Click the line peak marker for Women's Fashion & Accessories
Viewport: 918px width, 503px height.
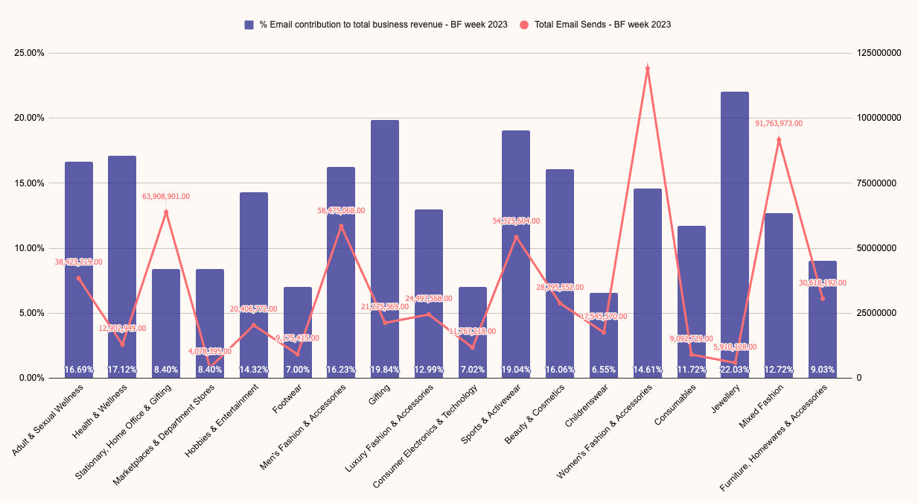pyautogui.click(x=648, y=69)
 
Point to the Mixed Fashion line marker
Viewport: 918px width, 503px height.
pyautogui.click(x=779, y=140)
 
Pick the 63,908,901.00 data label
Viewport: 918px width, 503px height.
pyautogui.click(x=166, y=197)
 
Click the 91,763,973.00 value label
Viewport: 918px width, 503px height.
pyautogui.click(x=779, y=124)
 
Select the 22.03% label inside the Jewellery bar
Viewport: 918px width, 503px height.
pyautogui.click(x=735, y=369)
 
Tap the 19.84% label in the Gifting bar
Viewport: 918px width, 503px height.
pyautogui.click(x=385, y=369)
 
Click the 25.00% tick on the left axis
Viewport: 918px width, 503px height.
pyautogui.click(x=30, y=54)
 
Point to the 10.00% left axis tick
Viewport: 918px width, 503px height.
pyautogui.click(x=30, y=248)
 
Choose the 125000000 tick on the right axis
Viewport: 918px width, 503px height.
pyautogui.click(x=880, y=54)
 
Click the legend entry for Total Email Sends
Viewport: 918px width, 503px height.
pyautogui.click(x=602, y=25)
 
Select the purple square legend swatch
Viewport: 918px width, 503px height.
pyautogui.click(x=249, y=25)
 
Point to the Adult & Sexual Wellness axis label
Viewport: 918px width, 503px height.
pyautogui.click(x=49, y=421)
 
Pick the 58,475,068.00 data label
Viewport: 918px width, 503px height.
pyautogui.click(x=341, y=211)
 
